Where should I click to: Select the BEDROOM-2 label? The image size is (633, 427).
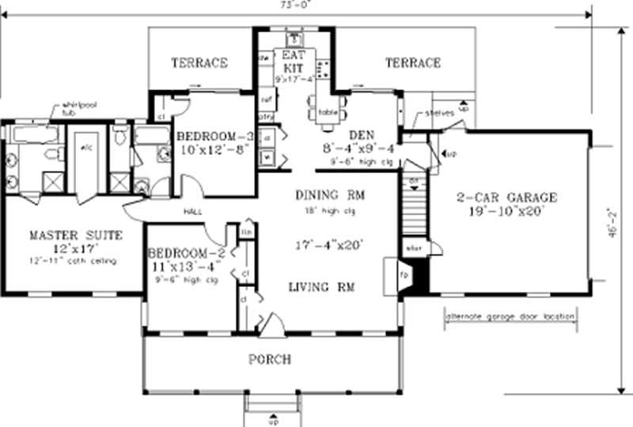187,253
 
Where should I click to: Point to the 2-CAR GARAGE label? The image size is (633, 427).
507,197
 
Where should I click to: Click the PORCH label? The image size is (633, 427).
270,360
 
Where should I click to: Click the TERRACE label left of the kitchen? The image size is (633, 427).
200,62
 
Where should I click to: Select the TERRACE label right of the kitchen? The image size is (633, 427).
412,62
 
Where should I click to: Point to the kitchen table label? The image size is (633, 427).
328,111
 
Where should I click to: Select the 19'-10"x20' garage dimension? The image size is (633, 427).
507,211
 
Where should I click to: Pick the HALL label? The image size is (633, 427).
195,212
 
